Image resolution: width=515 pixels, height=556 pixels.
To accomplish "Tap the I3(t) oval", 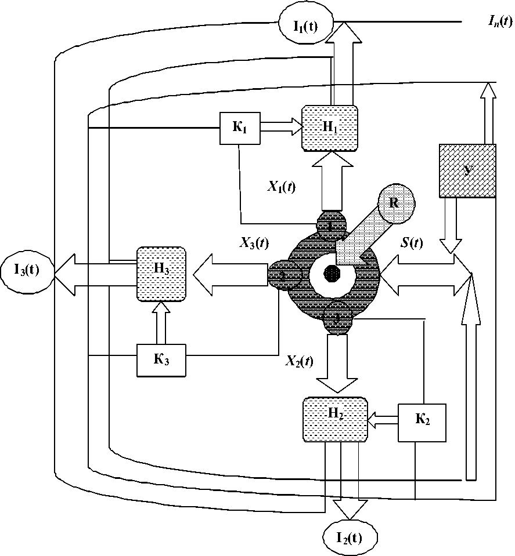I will click(x=27, y=271).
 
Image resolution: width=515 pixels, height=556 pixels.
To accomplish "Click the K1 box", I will click(x=239, y=128).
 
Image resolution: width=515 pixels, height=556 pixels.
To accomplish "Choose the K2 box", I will click(x=422, y=421).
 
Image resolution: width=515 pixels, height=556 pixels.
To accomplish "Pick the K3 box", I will click(x=161, y=361).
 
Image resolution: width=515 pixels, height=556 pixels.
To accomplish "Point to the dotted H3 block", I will click(x=161, y=273).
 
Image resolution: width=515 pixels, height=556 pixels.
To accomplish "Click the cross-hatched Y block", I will click(x=467, y=170).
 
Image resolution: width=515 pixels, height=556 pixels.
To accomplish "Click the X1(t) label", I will click(x=281, y=187).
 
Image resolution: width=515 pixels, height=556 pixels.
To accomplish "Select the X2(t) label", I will click(x=299, y=361).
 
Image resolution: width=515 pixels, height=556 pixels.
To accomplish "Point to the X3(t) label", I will click(x=254, y=244).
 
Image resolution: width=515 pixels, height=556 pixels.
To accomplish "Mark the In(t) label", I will click(x=498, y=21).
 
